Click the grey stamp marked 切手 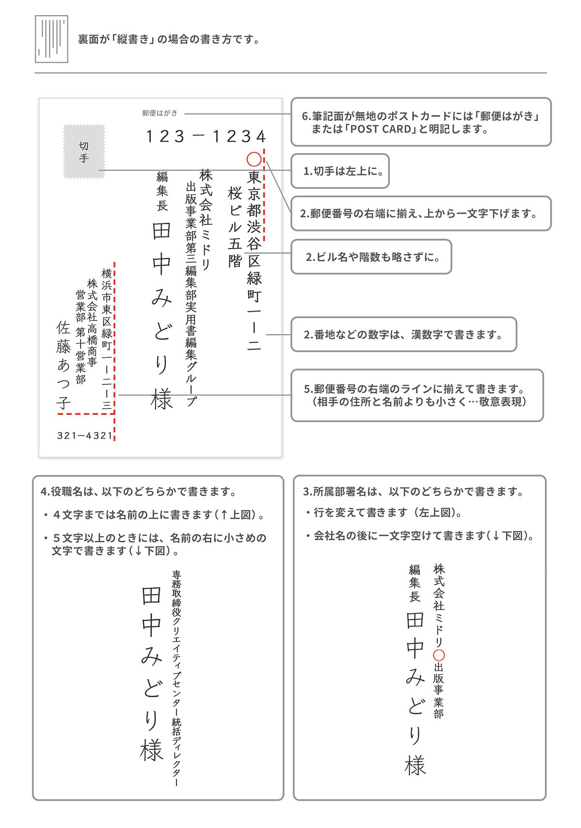84,152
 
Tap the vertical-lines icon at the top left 51,39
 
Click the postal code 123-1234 206,137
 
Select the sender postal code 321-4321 85,435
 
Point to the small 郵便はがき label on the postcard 160,113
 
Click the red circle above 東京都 254,159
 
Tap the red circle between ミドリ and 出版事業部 439,655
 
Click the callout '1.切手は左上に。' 340,171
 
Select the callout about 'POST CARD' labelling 421,122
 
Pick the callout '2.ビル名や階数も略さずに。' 371,257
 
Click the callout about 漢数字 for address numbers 404,334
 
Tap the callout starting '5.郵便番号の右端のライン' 417,395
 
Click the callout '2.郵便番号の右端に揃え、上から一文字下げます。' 421,214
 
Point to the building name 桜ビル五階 235,226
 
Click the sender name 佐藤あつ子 63,365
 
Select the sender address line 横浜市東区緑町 107,339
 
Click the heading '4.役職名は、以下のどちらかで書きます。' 139,491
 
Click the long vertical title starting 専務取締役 177,678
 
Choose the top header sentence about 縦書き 169,39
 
